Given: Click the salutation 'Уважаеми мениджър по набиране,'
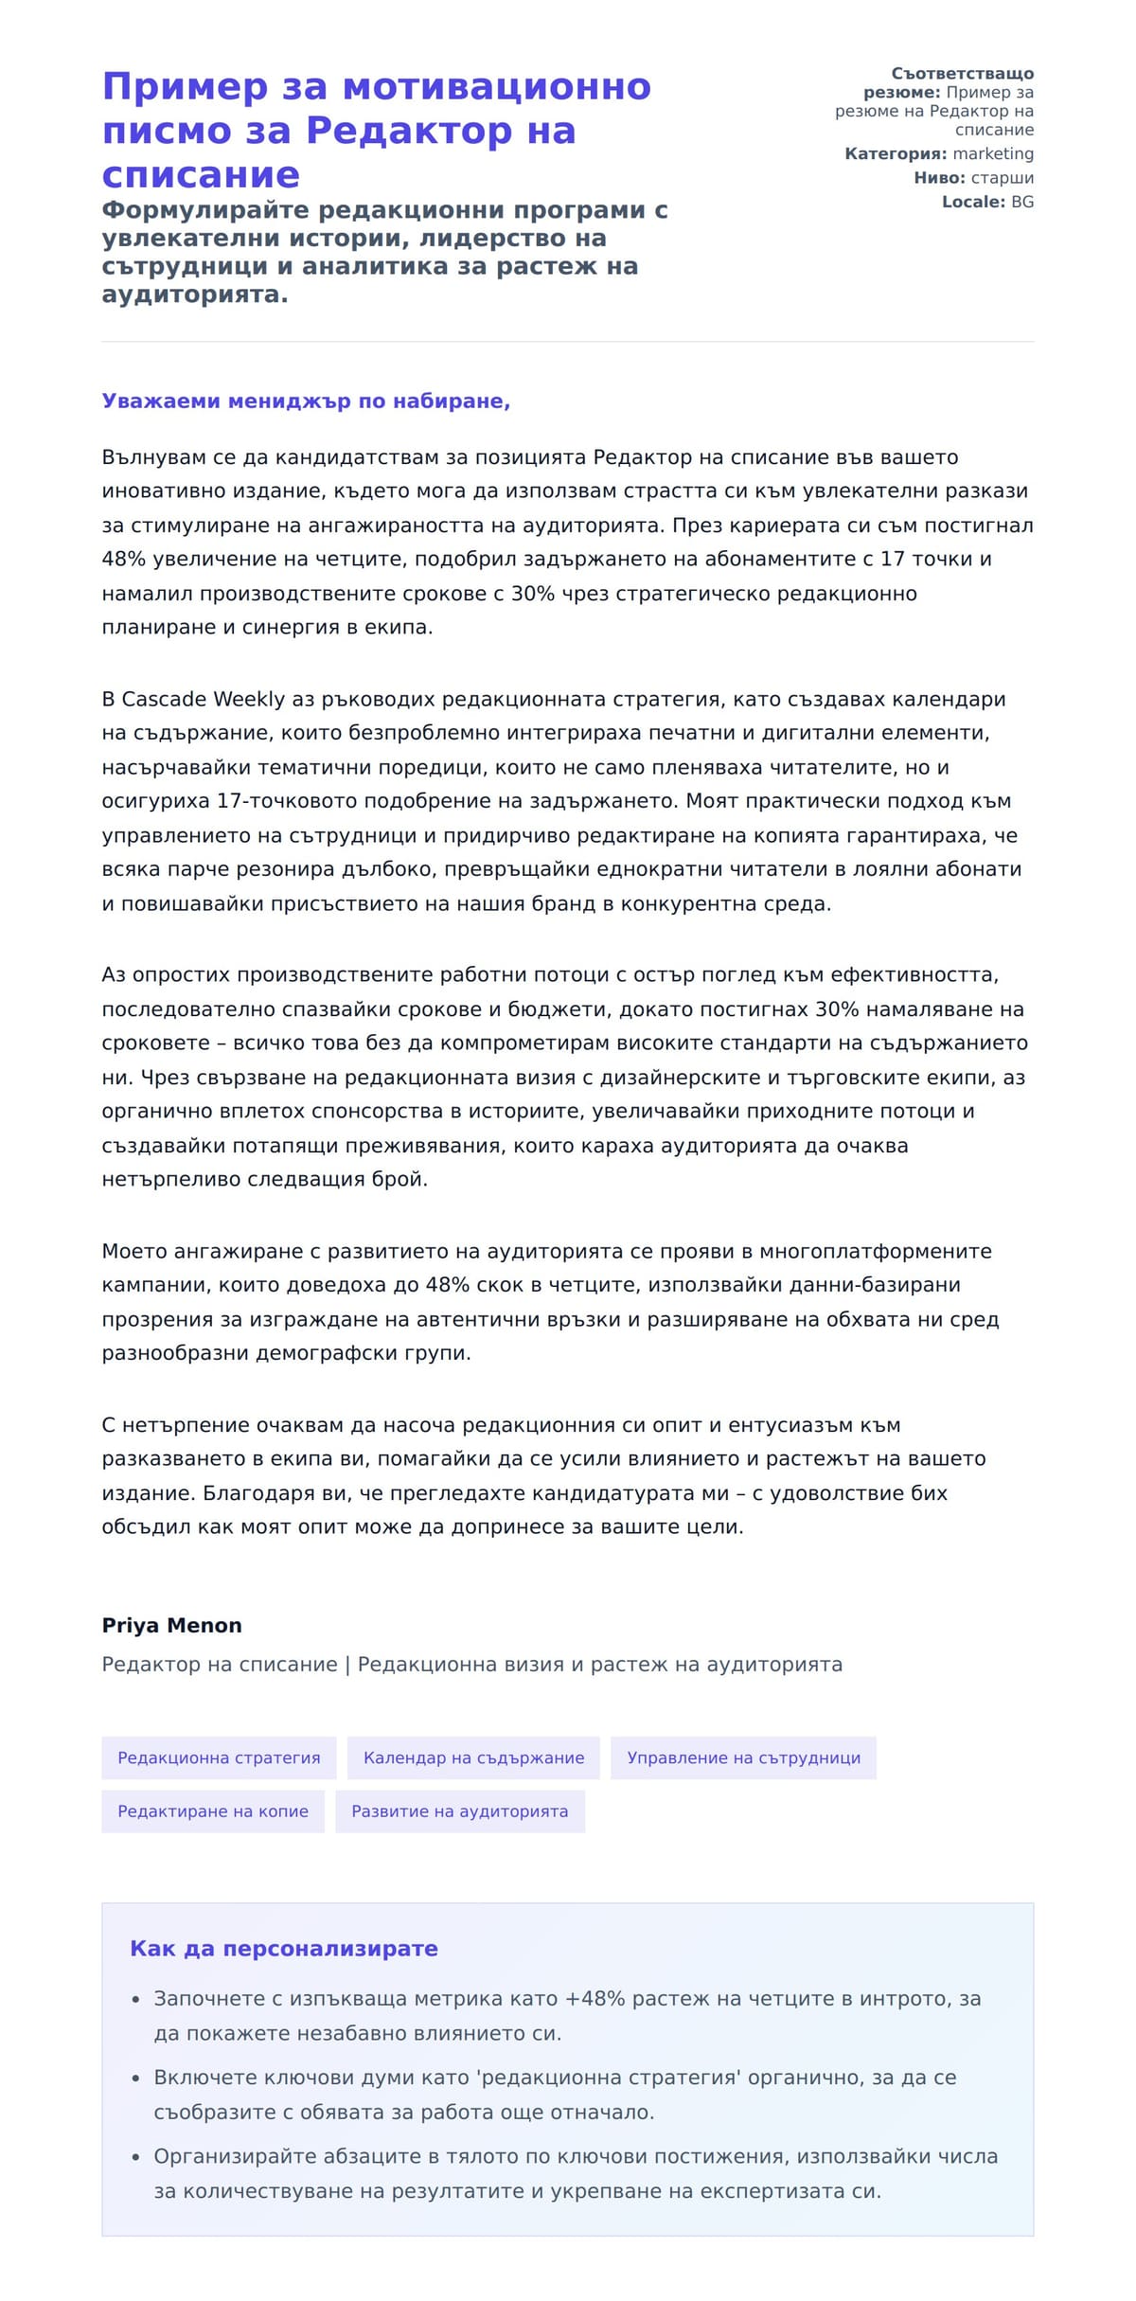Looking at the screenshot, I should [x=306, y=401].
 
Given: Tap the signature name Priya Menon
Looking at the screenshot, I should [x=171, y=1625].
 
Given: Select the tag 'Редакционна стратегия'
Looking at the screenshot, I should [x=219, y=1757].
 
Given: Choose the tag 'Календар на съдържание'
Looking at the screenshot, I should [x=473, y=1757].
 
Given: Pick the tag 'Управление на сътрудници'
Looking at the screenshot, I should [x=743, y=1757].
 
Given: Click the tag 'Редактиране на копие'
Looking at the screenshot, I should [x=213, y=1811].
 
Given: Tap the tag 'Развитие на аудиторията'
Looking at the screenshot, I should [x=460, y=1811].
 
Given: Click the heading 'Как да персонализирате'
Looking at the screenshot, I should [x=284, y=1949].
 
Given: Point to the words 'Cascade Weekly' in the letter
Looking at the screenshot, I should [x=203, y=700].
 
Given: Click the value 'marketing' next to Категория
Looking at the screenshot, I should [x=993, y=153].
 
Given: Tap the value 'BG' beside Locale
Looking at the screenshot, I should [x=1022, y=202].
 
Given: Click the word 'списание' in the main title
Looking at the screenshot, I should [x=201, y=174].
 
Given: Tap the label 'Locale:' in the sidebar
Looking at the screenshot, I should [x=973, y=202].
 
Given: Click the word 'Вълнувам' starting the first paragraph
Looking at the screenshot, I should [x=153, y=458].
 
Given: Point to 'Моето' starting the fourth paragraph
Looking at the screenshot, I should [x=133, y=1252].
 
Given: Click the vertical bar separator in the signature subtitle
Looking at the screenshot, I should [x=347, y=1665].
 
